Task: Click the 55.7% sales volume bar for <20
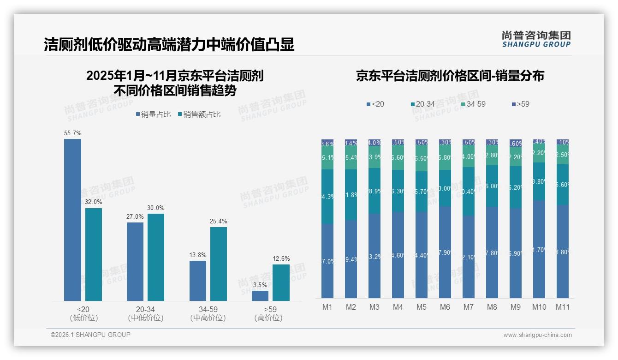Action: [x=72, y=220]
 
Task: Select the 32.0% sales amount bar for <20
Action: [x=94, y=254]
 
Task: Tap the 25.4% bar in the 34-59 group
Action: [x=219, y=264]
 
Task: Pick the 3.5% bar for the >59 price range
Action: [x=260, y=295]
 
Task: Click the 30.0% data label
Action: [x=156, y=208]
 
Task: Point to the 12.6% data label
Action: [x=281, y=258]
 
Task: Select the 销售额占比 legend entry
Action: [x=199, y=114]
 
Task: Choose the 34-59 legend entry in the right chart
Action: [x=473, y=104]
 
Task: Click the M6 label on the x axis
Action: [x=445, y=307]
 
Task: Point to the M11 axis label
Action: [x=562, y=307]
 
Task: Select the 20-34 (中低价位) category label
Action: [x=145, y=313]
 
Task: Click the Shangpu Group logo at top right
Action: [x=536, y=39]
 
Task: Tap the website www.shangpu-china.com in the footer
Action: [x=537, y=335]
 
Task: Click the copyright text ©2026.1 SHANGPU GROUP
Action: [x=90, y=335]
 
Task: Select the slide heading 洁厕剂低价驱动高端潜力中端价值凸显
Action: [x=169, y=45]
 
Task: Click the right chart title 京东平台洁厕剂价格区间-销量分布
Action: [x=450, y=76]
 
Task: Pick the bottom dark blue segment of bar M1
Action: [x=327, y=261]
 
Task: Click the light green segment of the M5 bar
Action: [x=422, y=158]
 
